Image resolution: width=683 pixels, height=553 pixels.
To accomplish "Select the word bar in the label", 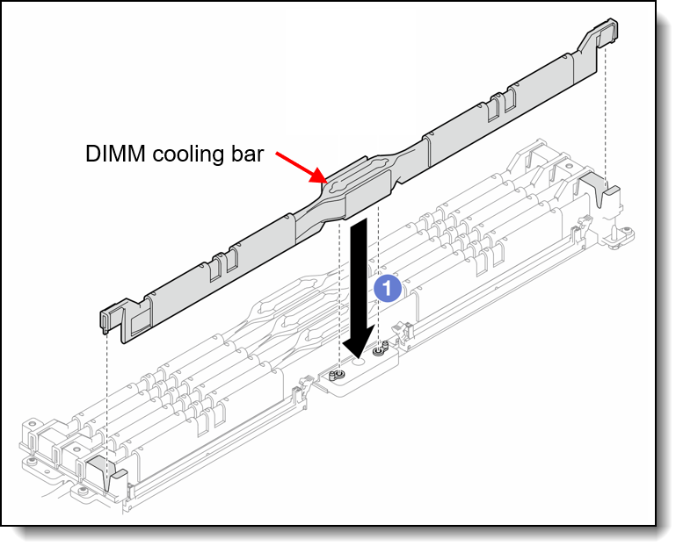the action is tap(247, 154).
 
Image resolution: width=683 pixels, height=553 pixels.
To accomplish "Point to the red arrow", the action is tap(301, 167).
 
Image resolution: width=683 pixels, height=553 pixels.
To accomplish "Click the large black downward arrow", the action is tap(359, 286).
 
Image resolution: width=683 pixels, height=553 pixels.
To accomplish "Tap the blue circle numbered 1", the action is tap(388, 288).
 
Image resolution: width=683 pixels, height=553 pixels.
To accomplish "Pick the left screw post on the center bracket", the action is tap(338, 375).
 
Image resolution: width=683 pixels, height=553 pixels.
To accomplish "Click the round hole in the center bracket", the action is tap(358, 362).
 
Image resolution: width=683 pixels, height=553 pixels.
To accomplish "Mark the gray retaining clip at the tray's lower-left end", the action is tap(106, 476).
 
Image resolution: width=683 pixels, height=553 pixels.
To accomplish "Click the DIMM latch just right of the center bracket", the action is tap(403, 335).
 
